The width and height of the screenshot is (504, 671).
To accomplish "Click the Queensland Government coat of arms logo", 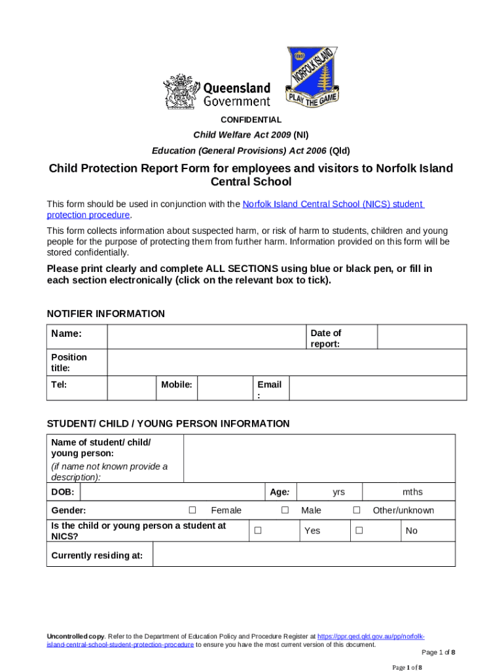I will tap(179, 91).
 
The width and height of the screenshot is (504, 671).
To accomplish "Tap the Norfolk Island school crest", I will tap(313, 76).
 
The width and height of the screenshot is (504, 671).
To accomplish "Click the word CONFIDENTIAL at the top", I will tap(251, 120).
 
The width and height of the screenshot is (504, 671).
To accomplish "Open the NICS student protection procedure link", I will tap(333, 204).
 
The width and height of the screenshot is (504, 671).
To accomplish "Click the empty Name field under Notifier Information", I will tap(206, 337).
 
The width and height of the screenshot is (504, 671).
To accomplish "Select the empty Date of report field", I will tap(422, 337).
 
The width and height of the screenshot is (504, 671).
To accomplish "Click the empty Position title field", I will tap(286, 362).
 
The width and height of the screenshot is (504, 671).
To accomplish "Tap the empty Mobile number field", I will tap(225, 388).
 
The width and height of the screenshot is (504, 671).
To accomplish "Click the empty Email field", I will tap(378, 388).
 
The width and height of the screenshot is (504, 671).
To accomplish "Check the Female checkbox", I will tap(192, 510).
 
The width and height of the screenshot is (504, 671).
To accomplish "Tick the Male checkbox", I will tap(285, 510).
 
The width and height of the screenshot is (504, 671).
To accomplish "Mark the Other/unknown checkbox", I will tap(357, 510).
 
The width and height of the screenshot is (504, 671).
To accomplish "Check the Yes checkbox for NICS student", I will tap(258, 530).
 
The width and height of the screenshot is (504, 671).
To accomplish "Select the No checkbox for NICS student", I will tap(359, 530).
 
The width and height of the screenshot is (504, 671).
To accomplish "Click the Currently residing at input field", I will tap(303, 554).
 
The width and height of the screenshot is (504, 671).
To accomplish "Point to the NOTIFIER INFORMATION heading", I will tap(106, 314).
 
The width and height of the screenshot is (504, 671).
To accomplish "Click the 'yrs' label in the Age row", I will tap(338, 492).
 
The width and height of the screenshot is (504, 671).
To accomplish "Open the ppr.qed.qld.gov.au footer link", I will tap(370, 636).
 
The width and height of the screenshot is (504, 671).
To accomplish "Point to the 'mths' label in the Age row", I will tap(412, 492).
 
